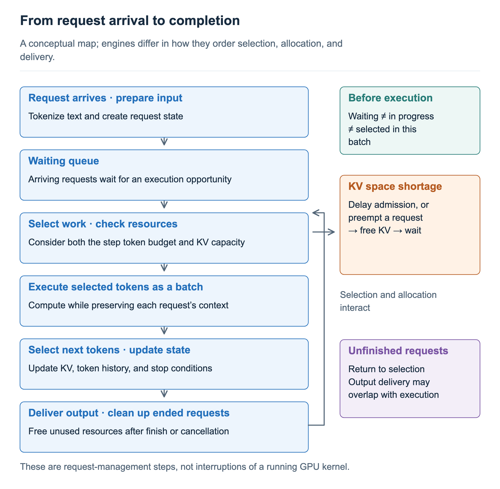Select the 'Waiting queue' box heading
coord(64,161)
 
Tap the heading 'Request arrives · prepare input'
coord(105,98)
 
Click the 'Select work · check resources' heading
coord(103,224)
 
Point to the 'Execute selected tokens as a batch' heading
coord(116,287)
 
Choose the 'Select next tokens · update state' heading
coord(109,350)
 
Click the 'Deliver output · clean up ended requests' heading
coord(129,413)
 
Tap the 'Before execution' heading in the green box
coord(390,98)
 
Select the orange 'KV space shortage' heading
coord(395,187)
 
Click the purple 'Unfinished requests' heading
coord(398,351)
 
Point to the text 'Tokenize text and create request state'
coord(106,116)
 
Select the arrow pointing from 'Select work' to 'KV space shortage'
coord(324,232)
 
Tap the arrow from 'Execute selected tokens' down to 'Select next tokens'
coord(164,330)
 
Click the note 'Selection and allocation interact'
coord(388,301)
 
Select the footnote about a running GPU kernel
coord(185,467)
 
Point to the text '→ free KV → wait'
coord(385,230)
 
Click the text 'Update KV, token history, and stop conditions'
coord(120,368)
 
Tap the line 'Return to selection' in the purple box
coord(386,369)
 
